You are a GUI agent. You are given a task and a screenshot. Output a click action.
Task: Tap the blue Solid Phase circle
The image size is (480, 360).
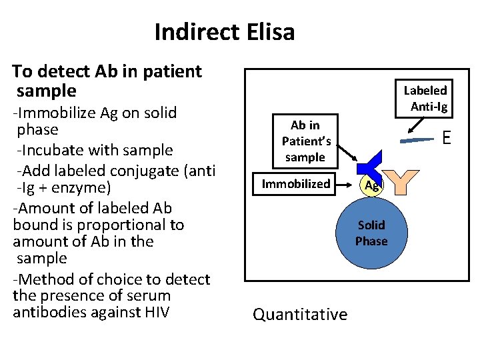click(x=371, y=233)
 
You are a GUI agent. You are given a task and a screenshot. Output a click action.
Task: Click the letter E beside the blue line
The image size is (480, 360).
click(x=446, y=138)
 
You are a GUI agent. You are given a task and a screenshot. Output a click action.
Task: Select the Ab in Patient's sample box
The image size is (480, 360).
click(x=305, y=141)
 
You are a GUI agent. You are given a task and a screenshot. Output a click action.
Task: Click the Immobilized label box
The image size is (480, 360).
click(x=295, y=183)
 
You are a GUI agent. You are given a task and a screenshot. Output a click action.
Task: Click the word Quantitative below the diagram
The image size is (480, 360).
click(x=300, y=314)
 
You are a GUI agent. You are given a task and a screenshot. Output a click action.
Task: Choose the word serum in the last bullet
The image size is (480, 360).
click(x=151, y=295)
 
